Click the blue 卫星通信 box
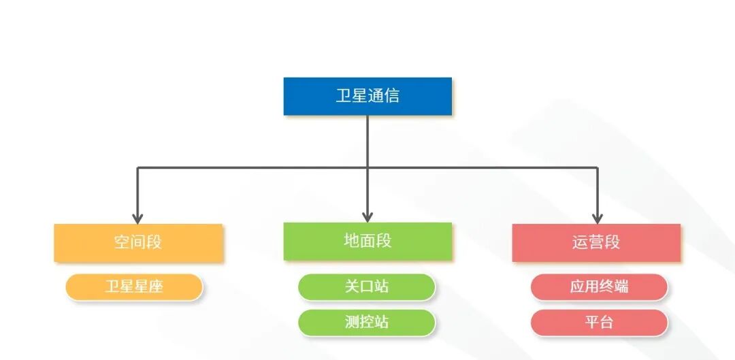(367, 96)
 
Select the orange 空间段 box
(138, 242)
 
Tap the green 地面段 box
(367, 241)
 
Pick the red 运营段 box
(596, 242)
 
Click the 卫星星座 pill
(134, 287)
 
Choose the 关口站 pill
(367, 287)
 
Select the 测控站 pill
(367, 322)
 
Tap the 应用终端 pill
(599, 287)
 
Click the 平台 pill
(599, 322)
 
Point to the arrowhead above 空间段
(138, 218)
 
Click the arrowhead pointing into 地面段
(367, 216)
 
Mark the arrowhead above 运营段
(597, 218)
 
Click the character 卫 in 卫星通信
(344, 96)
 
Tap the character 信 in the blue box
(391, 96)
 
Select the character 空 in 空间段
(122, 242)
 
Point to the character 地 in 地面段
(352, 241)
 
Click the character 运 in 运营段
(580, 242)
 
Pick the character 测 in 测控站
(352, 322)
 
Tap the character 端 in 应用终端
(621, 287)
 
